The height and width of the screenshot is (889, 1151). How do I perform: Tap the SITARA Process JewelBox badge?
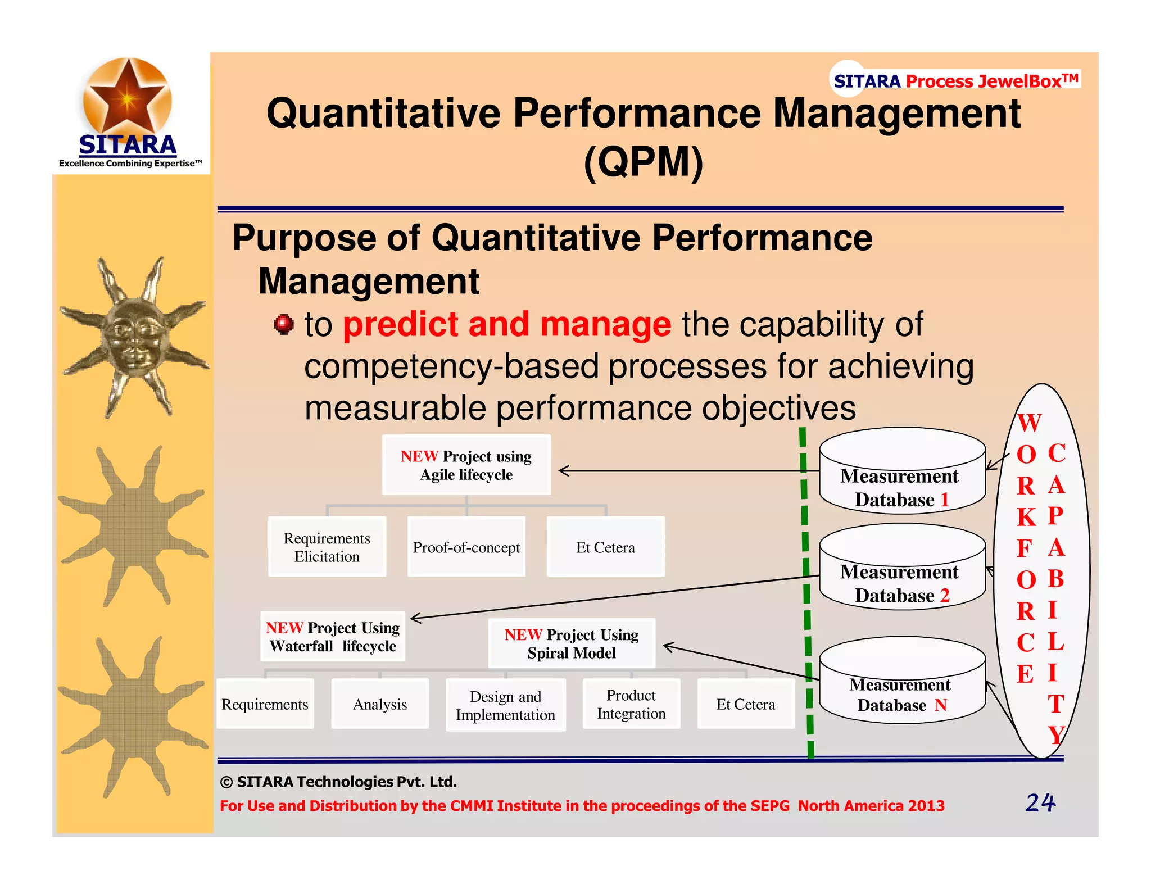tap(955, 81)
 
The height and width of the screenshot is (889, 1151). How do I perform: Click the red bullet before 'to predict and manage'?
tap(284, 324)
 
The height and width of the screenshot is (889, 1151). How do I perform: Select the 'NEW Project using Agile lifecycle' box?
tap(466, 465)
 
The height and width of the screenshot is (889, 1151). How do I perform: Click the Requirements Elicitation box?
tap(327, 547)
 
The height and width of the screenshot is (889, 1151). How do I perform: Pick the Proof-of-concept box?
tap(466, 547)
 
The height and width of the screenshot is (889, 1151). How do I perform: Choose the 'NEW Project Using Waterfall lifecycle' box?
tap(333, 637)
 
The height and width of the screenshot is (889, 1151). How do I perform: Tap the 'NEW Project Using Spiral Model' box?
tap(572, 643)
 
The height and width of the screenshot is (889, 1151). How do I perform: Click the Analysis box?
tap(380, 704)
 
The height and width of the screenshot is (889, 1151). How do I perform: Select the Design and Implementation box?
tap(505, 705)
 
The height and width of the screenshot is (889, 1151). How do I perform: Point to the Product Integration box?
tap(631, 704)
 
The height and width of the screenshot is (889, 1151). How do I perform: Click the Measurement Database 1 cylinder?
tap(901, 472)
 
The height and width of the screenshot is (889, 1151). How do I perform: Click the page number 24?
tap(1040, 802)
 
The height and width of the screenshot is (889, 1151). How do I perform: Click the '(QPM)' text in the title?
tap(644, 162)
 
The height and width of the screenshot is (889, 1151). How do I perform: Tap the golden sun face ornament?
tap(133, 337)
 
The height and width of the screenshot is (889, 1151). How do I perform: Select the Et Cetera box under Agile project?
tap(605, 547)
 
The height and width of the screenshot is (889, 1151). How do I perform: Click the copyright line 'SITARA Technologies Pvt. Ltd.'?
tap(338, 782)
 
